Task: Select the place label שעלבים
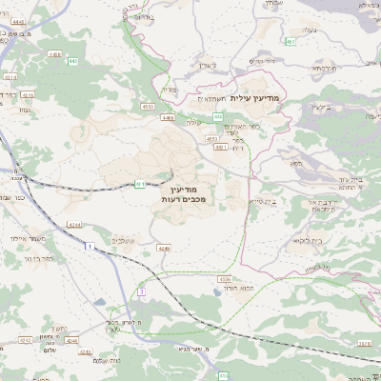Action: click(x=124, y=239)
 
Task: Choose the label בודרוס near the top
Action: click(x=139, y=16)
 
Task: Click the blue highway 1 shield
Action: click(x=89, y=247)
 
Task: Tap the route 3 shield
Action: click(x=141, y=290)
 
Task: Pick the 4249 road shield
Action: click(x=165, y=249)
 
